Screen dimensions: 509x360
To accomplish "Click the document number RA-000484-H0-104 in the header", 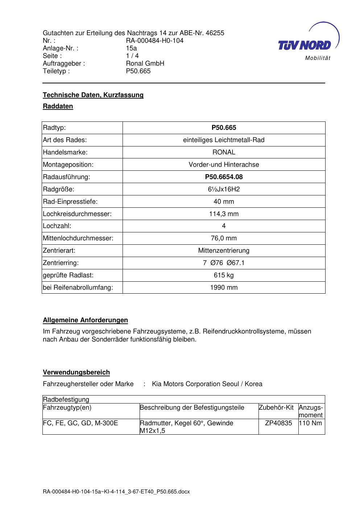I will click(154, 41).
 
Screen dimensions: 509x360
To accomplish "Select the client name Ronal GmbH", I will click(145, 63).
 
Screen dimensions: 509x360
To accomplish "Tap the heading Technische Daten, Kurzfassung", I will click(93, 95).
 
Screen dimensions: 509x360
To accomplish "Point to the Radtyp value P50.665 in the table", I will click(224, 128).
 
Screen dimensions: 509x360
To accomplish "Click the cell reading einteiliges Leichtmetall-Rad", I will click(224, 140).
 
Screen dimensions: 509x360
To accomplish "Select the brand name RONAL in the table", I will click(224, 152).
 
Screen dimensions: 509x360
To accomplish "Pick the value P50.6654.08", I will click(224, 177).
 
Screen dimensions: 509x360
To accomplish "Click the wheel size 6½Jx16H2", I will click(224, 189).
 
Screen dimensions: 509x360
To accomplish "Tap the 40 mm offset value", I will click(224, 202).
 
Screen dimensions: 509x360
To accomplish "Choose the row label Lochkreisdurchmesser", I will click(77, 214).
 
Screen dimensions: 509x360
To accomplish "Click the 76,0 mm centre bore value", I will click(224, 238).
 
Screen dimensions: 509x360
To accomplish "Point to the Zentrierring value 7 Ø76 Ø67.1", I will click(224, 263).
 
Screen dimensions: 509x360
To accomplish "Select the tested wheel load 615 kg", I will click(224, 275).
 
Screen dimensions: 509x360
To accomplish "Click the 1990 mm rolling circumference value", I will click(224, 287).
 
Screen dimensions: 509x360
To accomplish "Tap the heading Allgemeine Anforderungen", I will click(85, 320).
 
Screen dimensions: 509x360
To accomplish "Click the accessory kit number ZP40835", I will click(278, 423).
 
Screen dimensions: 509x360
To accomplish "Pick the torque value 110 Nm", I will click(310, 423).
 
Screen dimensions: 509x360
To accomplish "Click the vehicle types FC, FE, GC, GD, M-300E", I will click(80, 423).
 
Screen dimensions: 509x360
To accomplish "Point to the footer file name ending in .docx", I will click(116, 492).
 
